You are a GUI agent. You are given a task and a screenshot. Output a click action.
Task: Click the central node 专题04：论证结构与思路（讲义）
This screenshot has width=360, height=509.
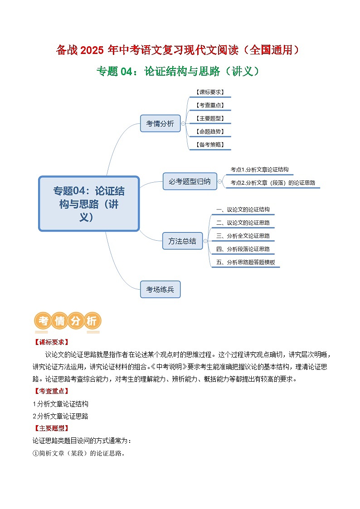(x=89, y=204)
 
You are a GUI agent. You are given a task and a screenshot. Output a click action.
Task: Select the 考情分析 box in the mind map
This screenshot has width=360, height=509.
(x=160, y=123)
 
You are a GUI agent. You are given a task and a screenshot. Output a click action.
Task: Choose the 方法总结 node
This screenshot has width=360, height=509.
(x=182, y=241)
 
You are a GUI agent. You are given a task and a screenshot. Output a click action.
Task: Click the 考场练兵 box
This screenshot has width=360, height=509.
(x=160, y=289)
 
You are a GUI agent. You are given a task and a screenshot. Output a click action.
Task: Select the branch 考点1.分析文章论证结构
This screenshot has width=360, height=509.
(x=259, y=170)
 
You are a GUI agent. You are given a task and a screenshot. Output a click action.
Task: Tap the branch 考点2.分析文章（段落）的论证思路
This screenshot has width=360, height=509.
(x=272, y=183)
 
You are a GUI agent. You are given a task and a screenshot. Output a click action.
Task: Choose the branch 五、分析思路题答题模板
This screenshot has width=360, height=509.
(x=246, y=262)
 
